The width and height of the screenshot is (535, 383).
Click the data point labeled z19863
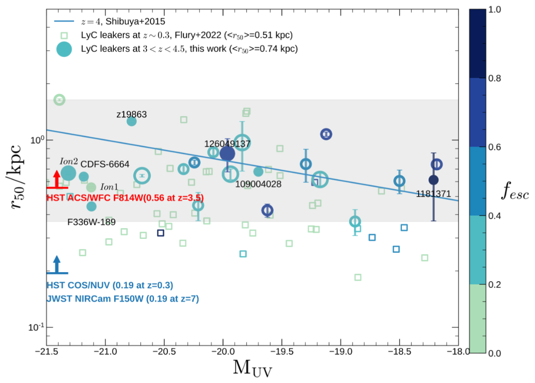coord(131,121)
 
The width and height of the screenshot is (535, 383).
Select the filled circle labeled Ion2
coord(68,173)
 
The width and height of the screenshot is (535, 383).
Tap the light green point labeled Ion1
coord(91,187)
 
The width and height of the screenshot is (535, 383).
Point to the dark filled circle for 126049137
coord(227,153)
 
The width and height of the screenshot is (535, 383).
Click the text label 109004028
coord(258,184)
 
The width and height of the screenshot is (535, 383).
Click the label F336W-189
coord(91,222)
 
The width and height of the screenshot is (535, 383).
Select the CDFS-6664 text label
coord(105,164)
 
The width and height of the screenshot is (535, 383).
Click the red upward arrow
coord(56,179)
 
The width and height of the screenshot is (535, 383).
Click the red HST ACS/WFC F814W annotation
coord(125,198)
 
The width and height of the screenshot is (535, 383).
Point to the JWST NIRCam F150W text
coord(123,298)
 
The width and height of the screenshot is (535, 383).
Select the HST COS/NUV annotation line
coord(110,286)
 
